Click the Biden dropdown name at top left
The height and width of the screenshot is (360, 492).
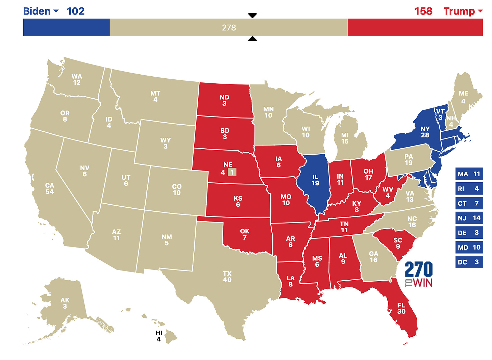point(37,11)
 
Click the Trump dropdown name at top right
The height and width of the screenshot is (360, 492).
point(459,11)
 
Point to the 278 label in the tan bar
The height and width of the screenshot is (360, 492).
point(229,28)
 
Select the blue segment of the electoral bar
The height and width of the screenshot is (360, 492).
point(67,27)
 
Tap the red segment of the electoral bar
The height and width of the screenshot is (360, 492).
point(415,27)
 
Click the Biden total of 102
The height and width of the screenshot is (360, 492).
point(76,11)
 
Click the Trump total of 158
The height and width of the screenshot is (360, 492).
point(423,11)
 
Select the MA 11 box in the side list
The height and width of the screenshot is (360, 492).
point(469,174)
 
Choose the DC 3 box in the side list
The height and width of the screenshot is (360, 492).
point(469,262)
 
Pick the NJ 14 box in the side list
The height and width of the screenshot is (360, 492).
point(469,218)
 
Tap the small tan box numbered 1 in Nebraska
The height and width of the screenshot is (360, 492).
point(232,173)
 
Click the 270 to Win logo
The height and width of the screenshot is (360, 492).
point(419,274)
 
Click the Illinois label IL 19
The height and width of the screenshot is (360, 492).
point(315,180)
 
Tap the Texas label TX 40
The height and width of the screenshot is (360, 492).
point(227,277)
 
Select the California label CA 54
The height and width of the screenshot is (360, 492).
point(50,188)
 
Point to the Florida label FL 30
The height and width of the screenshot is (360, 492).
point(401,308)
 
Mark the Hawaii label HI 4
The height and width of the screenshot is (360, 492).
point(159,336)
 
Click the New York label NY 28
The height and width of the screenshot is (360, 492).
point(425,132)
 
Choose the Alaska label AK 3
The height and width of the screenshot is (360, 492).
point(65,303)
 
